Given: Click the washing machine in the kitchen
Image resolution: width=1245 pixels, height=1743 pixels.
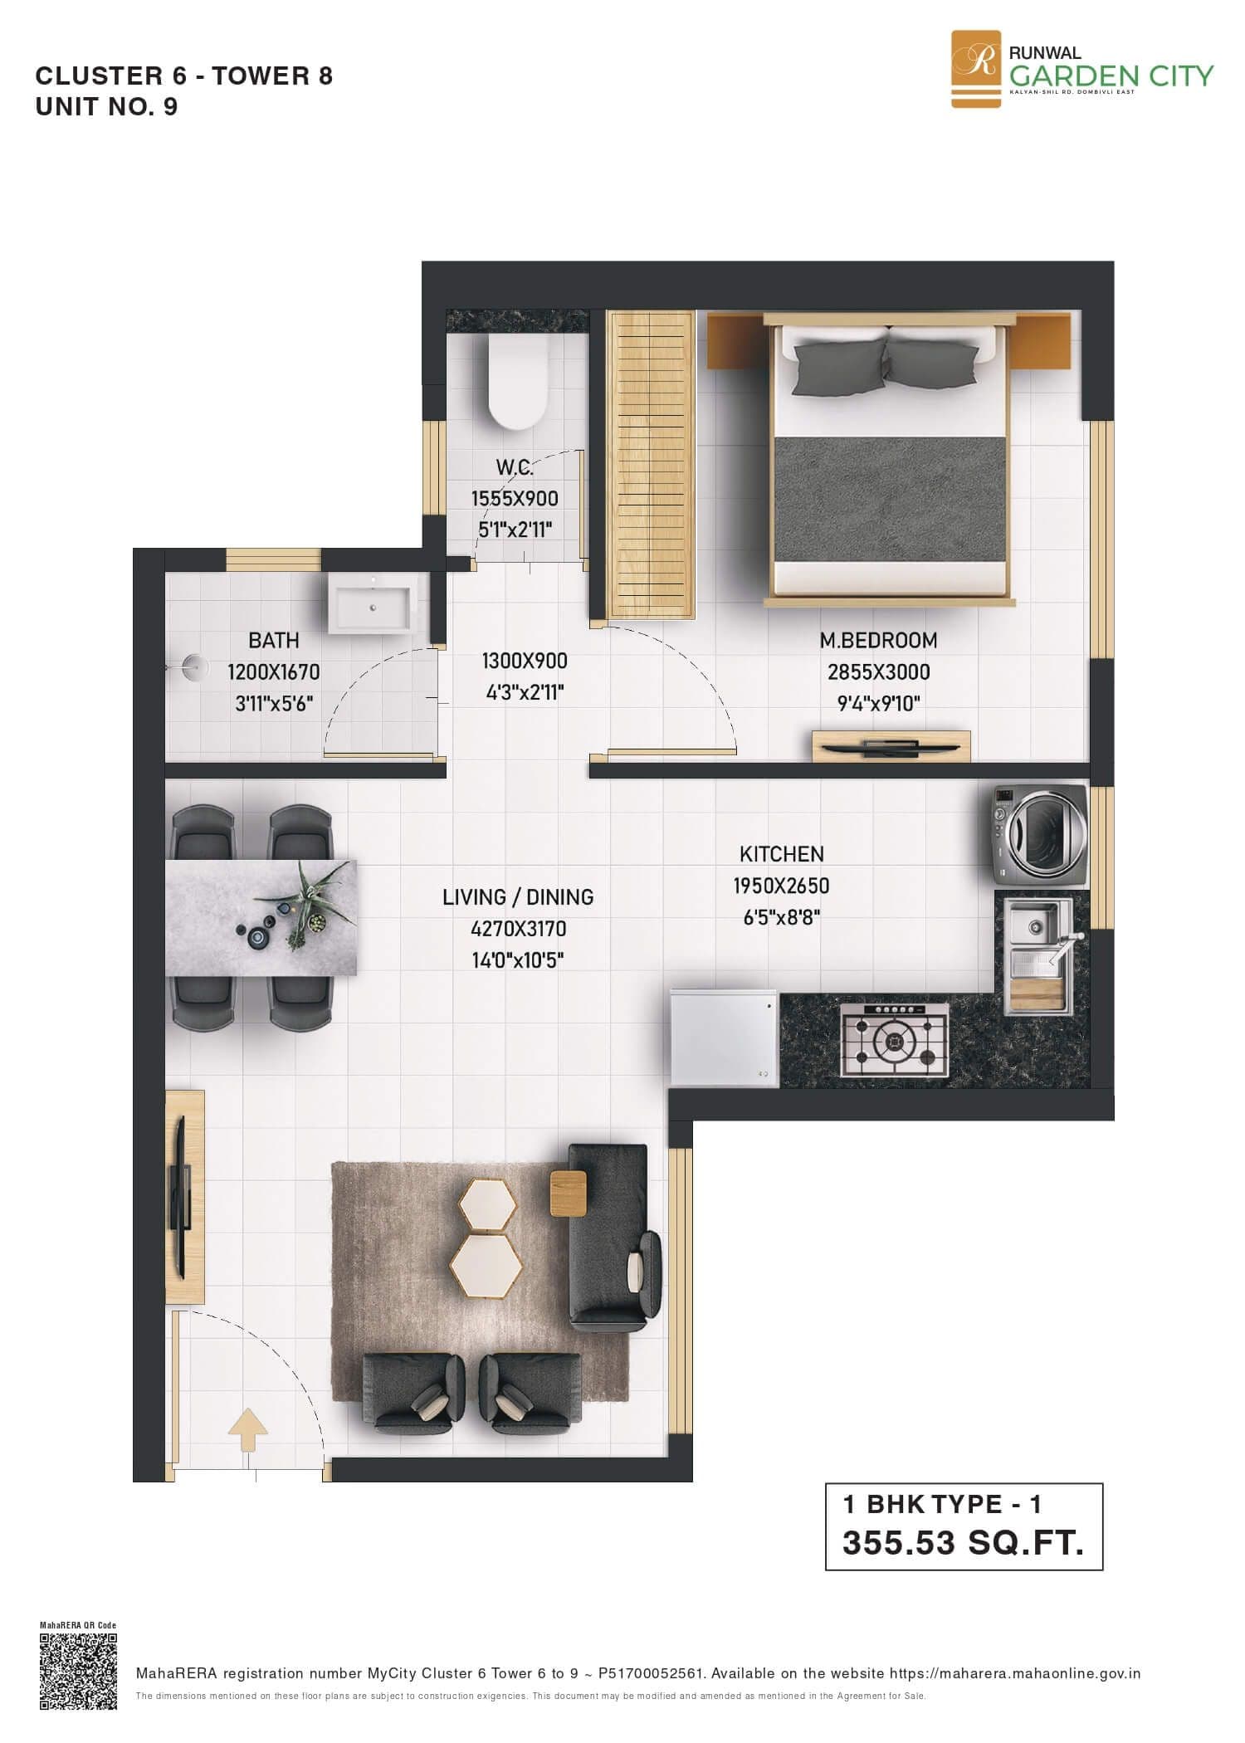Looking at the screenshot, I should (x=1038, y=836).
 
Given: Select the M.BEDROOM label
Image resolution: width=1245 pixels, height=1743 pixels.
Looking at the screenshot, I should (x=878, y=641).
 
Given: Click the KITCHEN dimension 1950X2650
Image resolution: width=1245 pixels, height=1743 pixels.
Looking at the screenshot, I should (x=780, y=886).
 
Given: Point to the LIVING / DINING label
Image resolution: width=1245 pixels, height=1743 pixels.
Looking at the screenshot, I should (x=518, y=897).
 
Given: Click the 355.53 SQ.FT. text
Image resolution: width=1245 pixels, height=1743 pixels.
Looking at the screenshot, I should (x=963, y=1543).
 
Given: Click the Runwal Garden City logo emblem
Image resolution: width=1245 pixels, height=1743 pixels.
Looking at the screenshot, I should (x=975, y=70).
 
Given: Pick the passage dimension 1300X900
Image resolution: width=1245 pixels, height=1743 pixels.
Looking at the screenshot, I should (x=525, y=662).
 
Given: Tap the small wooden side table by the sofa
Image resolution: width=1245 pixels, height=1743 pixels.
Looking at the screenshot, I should (x=568, y=1194).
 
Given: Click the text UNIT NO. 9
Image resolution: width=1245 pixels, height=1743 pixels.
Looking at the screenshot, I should (x=106, y=107).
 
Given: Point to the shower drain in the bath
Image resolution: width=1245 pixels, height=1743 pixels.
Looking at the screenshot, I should (x=193, y=664).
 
